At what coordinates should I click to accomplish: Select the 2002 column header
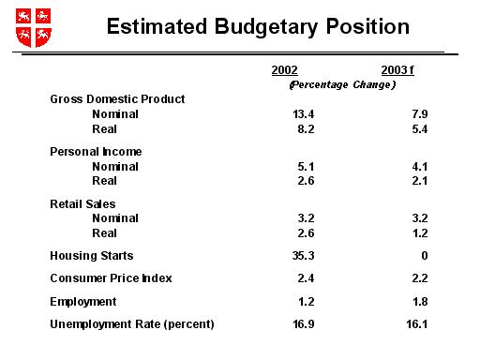click(x=284, y=70)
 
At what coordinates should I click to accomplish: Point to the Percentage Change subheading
click(x=342, y=84)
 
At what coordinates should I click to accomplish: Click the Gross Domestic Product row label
click(x=117, y=98)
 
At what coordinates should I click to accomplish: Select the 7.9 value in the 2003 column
click(x=405, y=113)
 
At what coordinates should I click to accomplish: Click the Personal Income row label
click(x=96, y=151)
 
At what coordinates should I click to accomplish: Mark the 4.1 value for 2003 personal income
click(x=405, y=166)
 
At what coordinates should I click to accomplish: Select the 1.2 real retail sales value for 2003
click(x=405, y=232)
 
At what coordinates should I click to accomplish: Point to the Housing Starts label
click(x=92, y=255)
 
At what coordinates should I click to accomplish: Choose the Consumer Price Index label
click(x=112, y=278)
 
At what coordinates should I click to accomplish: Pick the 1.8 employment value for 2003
click(x=405, y=301)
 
